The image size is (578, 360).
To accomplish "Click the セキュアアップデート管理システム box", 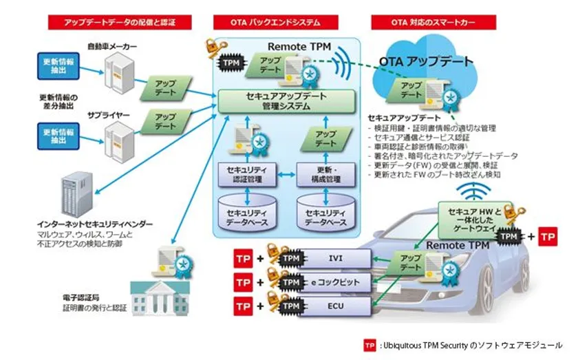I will pos(287,101).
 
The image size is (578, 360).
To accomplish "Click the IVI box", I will pos(331,259).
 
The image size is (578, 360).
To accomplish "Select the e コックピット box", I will pos(331,282).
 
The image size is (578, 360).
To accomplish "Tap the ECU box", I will pos(331,305).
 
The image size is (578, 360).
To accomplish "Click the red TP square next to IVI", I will pos(244,259).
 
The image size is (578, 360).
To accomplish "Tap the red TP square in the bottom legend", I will pos(370,345).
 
